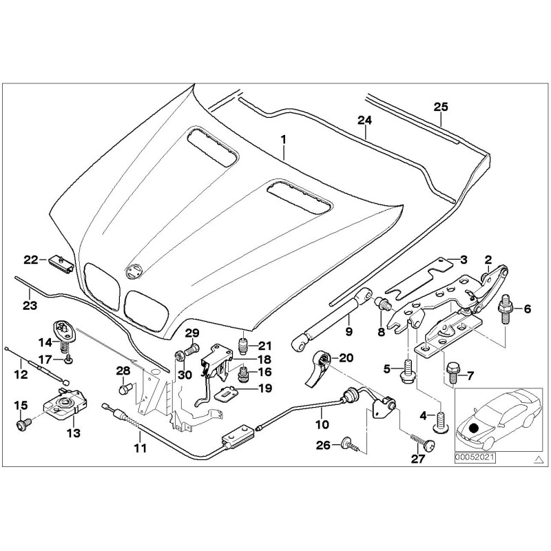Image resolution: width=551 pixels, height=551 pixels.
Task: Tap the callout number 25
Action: (441, 106)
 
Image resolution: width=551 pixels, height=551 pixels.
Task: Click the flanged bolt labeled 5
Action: (408, 370)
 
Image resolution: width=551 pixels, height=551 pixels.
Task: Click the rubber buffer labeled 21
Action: (242, 344)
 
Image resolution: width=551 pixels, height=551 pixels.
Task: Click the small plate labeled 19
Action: (227, 395)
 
